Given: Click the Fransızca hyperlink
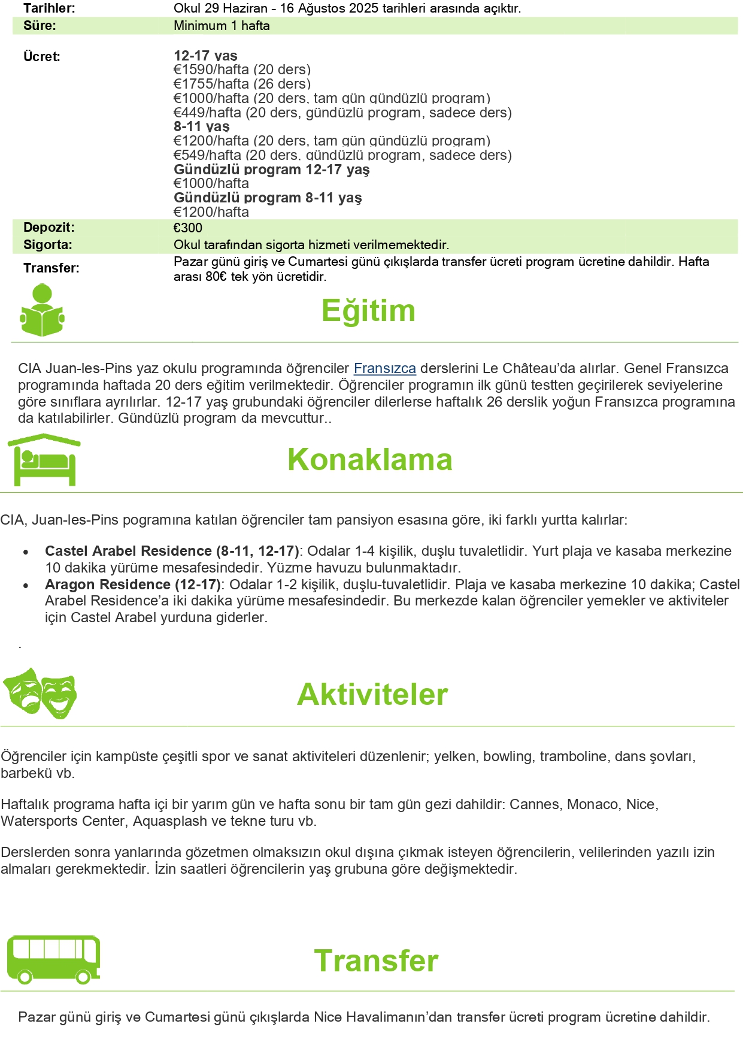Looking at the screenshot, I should pyautogui.click(x=384, y=368).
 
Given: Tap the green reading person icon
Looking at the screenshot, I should pyautogui.click(x=42, y=311).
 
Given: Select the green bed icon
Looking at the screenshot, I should pyautogui.click(x=44, y=460).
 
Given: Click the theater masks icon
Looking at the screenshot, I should pyautogui.click(x=40, y=693).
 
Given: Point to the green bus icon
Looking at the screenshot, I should pyautogui.click(x=53, y=959).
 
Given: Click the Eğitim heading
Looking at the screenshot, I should pyautogui.click(x=368, y=311).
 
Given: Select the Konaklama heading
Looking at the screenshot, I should pyautogui.click(x=369, y=460).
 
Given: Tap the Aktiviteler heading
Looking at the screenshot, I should pyautogui.click(x=372, y=695).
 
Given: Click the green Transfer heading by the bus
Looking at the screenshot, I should pyautogui.click(x=376, y=961).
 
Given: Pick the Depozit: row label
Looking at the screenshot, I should pyautogui.click(x=49, y=228).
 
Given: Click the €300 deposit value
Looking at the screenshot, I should pyautogui.click(x=188, y=228).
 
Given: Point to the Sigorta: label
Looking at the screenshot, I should pyautogui.click(x=48, y=244).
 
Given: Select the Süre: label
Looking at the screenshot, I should pyautogui.click(x=40, y=26).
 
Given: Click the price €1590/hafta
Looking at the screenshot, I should pyautogui.click(x=211, y=69).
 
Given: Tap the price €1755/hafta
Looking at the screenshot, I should pyautogui.click(x=211, y=84).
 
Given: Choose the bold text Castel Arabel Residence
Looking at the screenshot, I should pyautogui.click(x=128, y=551).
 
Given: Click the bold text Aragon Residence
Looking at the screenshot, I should pyautogui.click(x=108, y=584).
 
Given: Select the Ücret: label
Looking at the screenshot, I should pyautogui.click(x=42, y=57).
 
